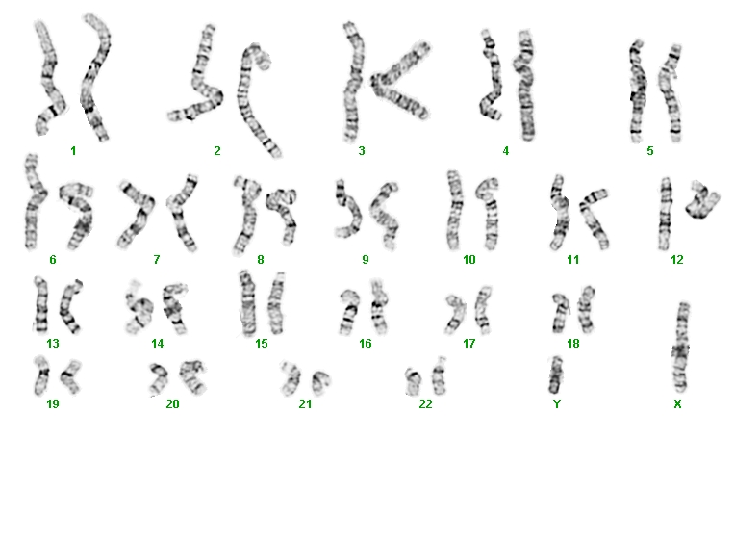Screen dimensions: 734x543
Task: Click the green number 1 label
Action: tap(73, 151)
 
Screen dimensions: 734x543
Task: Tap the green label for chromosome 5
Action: tap(649, 151)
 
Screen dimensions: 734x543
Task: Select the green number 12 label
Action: tap(677, 260)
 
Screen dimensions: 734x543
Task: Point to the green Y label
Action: tap(557, 403)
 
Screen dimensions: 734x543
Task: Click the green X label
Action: tap(677, 403)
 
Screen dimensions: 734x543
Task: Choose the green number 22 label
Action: tap(425, 403)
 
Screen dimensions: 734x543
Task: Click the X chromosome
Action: tap(681, 348)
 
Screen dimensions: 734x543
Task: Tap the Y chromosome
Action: tap(555, 375)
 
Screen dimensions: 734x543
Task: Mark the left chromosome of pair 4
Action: tap(492, 77)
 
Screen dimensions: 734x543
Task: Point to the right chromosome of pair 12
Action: tap(702, 200)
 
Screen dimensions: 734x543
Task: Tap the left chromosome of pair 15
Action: tap(247, 303)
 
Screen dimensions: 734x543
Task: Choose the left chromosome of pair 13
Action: tap(40, 304)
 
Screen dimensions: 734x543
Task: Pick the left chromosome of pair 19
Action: tap(41, 375)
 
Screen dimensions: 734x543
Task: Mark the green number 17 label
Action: tap(469, 344)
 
